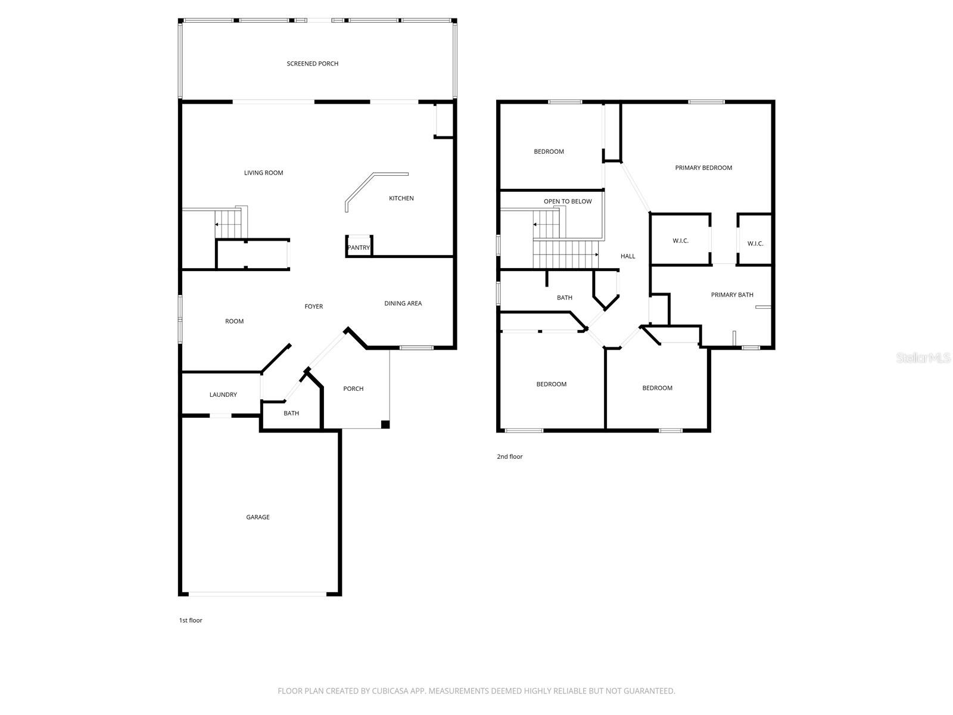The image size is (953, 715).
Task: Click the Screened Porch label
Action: [312, 64]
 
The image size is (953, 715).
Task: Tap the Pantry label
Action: [359, 248]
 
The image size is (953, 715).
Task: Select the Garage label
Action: [258, 517]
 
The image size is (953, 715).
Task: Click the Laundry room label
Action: [223, 395]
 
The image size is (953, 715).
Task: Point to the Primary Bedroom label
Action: [703, 168]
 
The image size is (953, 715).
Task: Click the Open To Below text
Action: [568, 201]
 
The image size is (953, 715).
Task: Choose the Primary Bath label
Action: [732, 295]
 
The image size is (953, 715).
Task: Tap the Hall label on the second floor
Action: [628, 256]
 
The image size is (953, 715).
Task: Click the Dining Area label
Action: [403, 304]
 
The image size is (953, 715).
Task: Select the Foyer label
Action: [313, 307]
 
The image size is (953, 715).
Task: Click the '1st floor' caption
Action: [191, 620]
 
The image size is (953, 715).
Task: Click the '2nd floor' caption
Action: [509, 457]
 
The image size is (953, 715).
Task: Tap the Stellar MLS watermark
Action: [923, 358]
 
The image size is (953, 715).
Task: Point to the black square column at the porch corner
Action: [385, 425]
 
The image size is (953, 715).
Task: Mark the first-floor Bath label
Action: [291, 414]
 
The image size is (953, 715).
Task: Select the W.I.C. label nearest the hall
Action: [680, 241]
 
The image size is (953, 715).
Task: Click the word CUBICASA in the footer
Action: [391, 691]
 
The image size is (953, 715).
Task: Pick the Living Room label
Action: [263, 173]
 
